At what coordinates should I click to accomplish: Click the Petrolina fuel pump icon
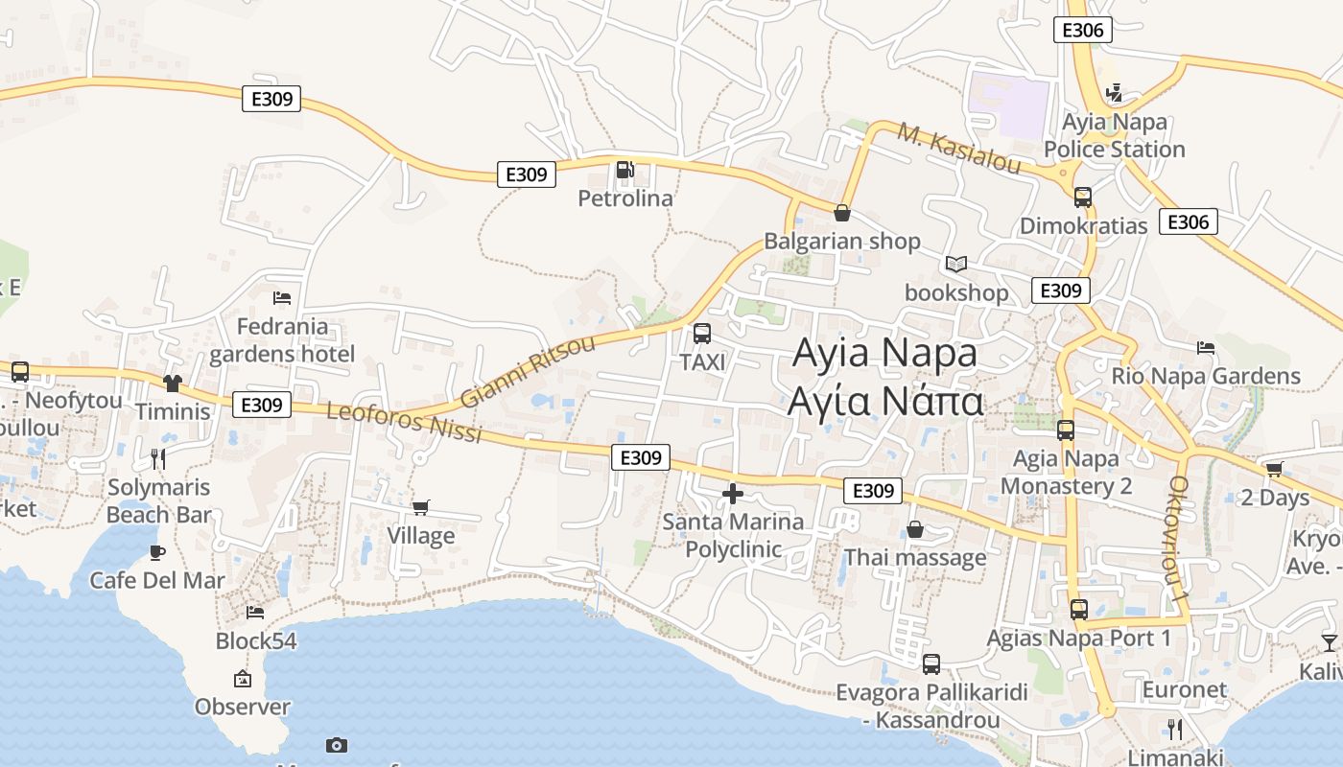tap(624, 170)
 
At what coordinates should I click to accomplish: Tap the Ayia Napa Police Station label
tap(1114, 136)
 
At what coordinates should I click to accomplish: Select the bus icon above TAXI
tap(702, 334)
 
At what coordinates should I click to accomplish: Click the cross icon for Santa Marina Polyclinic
tap(733, 494)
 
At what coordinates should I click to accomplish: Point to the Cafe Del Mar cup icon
tap(157, 552)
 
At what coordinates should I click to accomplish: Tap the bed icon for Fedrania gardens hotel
tap(282, 298)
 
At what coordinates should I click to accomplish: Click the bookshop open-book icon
tap(956, 264)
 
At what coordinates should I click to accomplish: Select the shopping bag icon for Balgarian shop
tap(842, 213)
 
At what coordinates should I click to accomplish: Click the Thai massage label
tap(914, 558)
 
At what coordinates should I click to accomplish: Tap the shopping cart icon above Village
tap(421, 506)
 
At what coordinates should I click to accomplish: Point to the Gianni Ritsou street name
tap(528, 371)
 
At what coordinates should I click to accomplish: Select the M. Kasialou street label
tap(959, 148)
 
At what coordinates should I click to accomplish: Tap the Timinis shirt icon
tap(173, 383)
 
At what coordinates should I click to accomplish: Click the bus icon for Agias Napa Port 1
tap(1079, 609)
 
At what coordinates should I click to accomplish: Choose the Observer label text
tap(242, 708)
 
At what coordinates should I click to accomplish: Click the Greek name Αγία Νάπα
tap(884, 402)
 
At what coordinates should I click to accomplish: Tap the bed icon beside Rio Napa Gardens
tap(1206, 347)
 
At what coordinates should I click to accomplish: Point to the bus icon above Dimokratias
tap(1083, 198)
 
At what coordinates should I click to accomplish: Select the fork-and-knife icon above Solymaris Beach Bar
tap(158, 458)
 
